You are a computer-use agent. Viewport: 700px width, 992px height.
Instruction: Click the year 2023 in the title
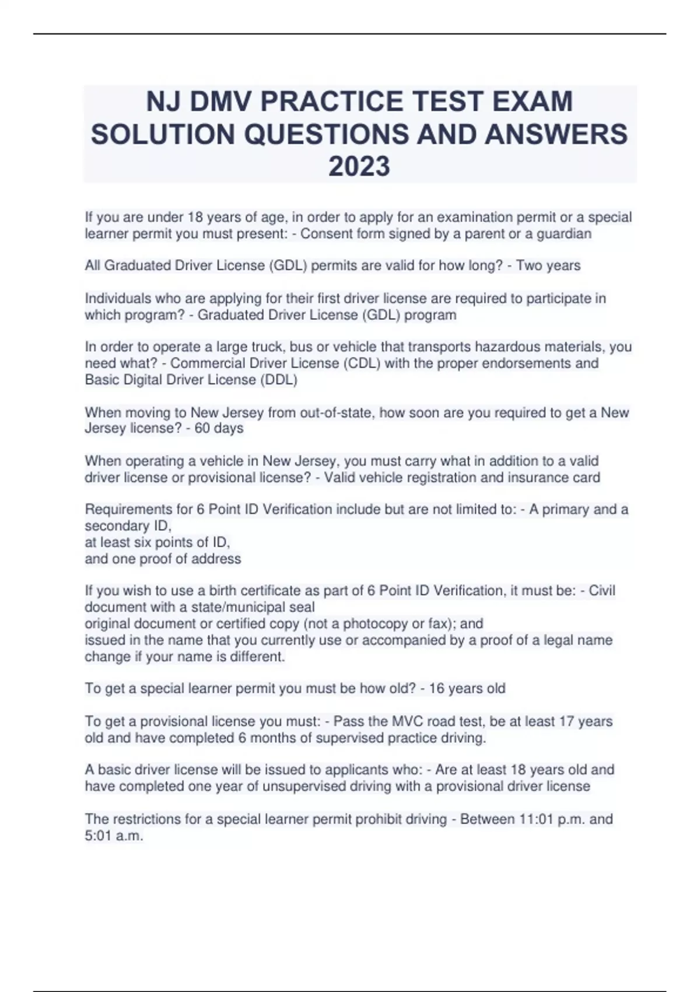click(x=359, y=166)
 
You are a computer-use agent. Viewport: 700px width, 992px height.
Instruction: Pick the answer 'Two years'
click(x=548, y=266)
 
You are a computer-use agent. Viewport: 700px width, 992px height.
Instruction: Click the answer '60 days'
click(x=217, y=428)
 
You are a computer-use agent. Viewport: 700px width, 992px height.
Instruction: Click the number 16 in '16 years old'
click(x=436, y=689)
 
